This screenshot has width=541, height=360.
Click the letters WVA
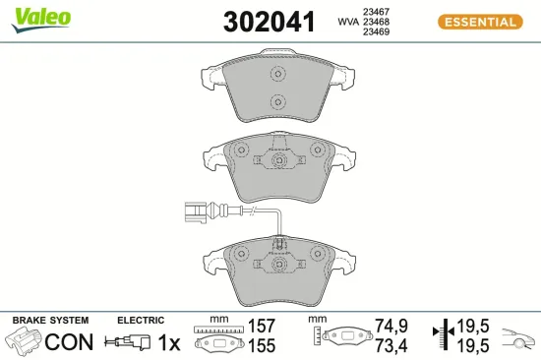pyautogui.click(x=346, y=21)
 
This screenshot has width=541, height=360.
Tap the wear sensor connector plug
pyautogui.click(x=197, y=208)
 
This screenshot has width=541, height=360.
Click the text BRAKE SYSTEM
pyautogui.click(x=50, y=321)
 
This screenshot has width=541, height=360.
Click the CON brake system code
pyautogui.click(x=69, y=342)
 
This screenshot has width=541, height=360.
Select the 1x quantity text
pyautogui.click(x=168, y=342)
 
